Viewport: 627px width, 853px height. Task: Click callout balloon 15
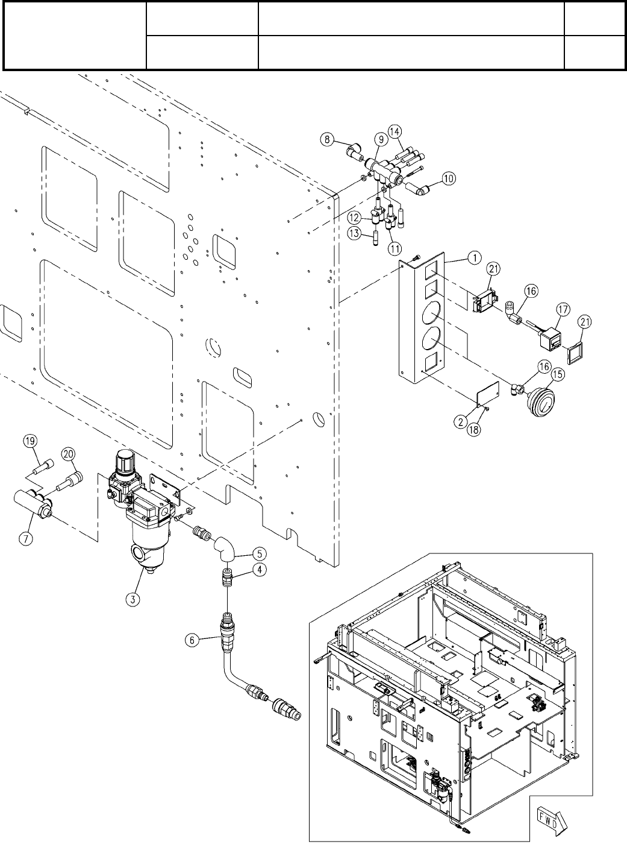tap(557, 374)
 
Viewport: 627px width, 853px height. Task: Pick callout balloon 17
tap(562, 310)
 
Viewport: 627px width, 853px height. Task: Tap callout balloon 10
tap(449, 178)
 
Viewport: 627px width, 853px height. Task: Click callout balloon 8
tap(327, 140)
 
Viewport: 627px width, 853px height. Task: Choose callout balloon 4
tap(259, 568)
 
